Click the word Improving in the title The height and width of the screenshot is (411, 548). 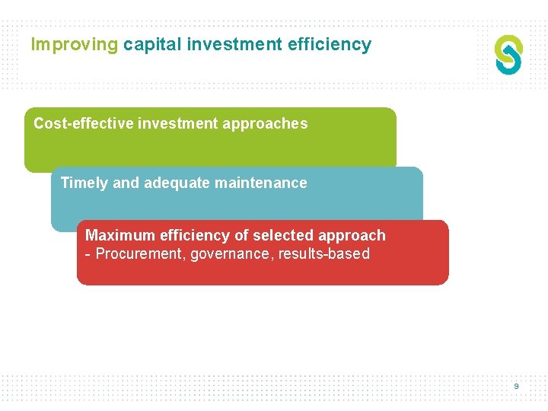75,45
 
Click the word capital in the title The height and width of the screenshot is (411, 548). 152,45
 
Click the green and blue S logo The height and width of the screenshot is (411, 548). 508,55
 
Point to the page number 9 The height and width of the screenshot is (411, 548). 516,387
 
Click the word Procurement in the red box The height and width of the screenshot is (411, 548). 138,254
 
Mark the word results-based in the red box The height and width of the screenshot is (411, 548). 324,254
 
